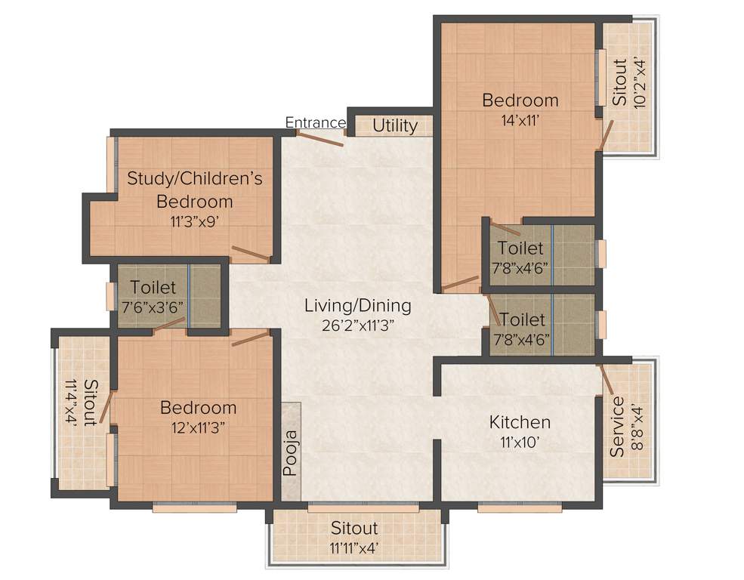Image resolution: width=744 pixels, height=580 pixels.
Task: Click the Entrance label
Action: pyautogui.click(x=316, y=122)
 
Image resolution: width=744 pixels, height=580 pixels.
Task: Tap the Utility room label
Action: pyautogui.click(x=394, y=126)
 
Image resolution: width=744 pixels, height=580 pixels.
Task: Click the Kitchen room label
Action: pyautogui.click(x=520, y=421)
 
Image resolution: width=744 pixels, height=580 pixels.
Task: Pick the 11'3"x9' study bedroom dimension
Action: pyautogui.click(x=194, y=221)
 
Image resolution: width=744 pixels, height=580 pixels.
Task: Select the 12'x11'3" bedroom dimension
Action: pyautogui.click(x=198, y=427)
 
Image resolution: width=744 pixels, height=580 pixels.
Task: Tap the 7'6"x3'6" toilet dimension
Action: pyautogui.click(x=153, y=307)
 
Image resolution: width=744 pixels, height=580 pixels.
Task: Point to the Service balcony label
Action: pyautogui.click(x=617, y=427)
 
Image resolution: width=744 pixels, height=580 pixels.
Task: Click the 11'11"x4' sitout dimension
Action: pyautogui.click(x=353, y=548)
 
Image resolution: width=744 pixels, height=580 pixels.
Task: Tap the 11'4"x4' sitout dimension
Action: pyautogui.click(x=73, y=404)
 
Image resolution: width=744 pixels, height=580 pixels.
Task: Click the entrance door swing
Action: pyautogui.click(x=320, y=137)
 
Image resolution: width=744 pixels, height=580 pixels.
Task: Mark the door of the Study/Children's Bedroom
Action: pyautogui.click(x=250, y=253)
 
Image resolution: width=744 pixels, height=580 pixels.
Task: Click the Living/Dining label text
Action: pyautogui.click(x=357, y=306)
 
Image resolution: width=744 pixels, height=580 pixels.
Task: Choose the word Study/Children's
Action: pyautogui.click(x=194, y=179)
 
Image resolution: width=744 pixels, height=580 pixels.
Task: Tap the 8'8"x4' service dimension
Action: pyautogui.click(x=638, y=427)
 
